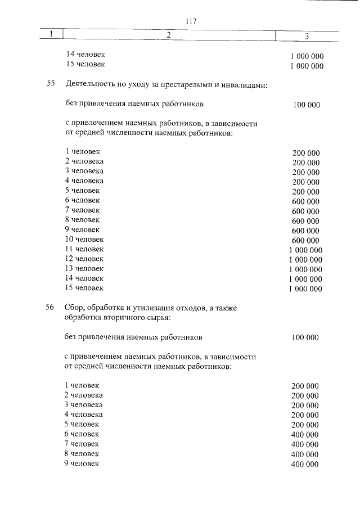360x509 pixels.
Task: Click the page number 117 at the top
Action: [x=190, y=21]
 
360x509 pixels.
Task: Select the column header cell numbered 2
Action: [x=168, y=35]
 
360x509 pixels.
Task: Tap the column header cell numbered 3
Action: [x=307, y=36]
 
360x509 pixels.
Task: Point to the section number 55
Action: [x=50, y=84]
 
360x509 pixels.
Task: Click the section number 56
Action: [x=50, y=308]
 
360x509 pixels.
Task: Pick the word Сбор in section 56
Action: [x=74, y=308]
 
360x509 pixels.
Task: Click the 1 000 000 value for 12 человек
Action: [x=305, y=260]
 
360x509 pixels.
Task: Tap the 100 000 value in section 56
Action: [x=305, y=337]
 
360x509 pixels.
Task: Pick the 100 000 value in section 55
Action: [x=306, y=105]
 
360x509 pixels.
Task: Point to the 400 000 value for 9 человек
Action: [x=305, y=464]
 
